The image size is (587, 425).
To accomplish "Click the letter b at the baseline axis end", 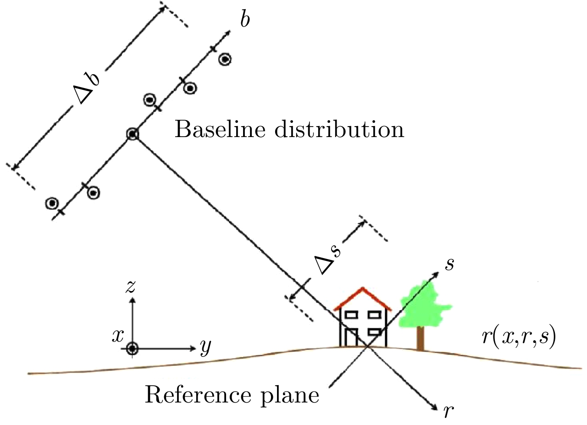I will tap(245, 21).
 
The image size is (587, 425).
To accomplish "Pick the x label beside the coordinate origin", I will tap(118, 336).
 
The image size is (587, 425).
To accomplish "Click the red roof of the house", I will tap(362, 298).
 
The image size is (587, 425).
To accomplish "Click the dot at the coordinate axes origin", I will tap(133, 349).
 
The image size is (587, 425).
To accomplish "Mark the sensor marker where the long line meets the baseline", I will tap(133, 134).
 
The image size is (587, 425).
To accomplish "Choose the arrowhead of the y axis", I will tap(193, 349).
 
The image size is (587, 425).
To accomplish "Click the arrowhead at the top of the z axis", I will tap(133, 300).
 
